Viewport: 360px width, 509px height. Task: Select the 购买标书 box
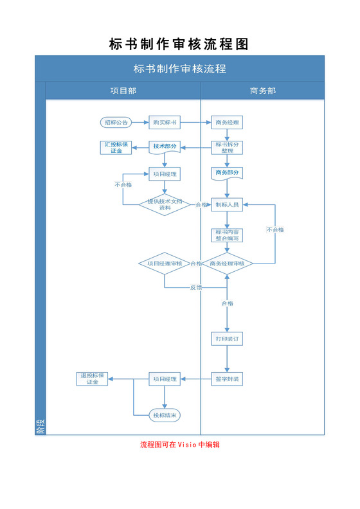pos(165,122)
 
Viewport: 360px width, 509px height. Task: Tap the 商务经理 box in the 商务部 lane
pos(228,122)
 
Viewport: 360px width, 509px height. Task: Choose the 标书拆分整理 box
pos(228,148)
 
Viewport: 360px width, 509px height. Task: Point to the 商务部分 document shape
pos(228,173)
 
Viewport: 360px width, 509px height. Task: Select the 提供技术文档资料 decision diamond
pos(165,204)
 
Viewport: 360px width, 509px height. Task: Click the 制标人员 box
pos(228,205)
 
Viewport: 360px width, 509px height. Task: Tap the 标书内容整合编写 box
pos(228,235)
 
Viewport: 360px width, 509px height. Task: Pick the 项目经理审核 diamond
pos(165,263)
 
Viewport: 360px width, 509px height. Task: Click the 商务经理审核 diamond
pos(227,263)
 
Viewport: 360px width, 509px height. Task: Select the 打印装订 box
pos(228,338)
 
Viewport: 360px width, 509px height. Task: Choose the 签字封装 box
pos(228,379)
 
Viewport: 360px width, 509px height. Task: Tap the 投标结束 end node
pos(165,415)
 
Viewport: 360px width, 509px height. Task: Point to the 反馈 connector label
pos(196,287)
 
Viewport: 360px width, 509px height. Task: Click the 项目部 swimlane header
pos(123,91)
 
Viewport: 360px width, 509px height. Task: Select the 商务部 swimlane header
pos(262,91)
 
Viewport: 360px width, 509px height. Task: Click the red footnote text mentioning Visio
pos(180,444)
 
